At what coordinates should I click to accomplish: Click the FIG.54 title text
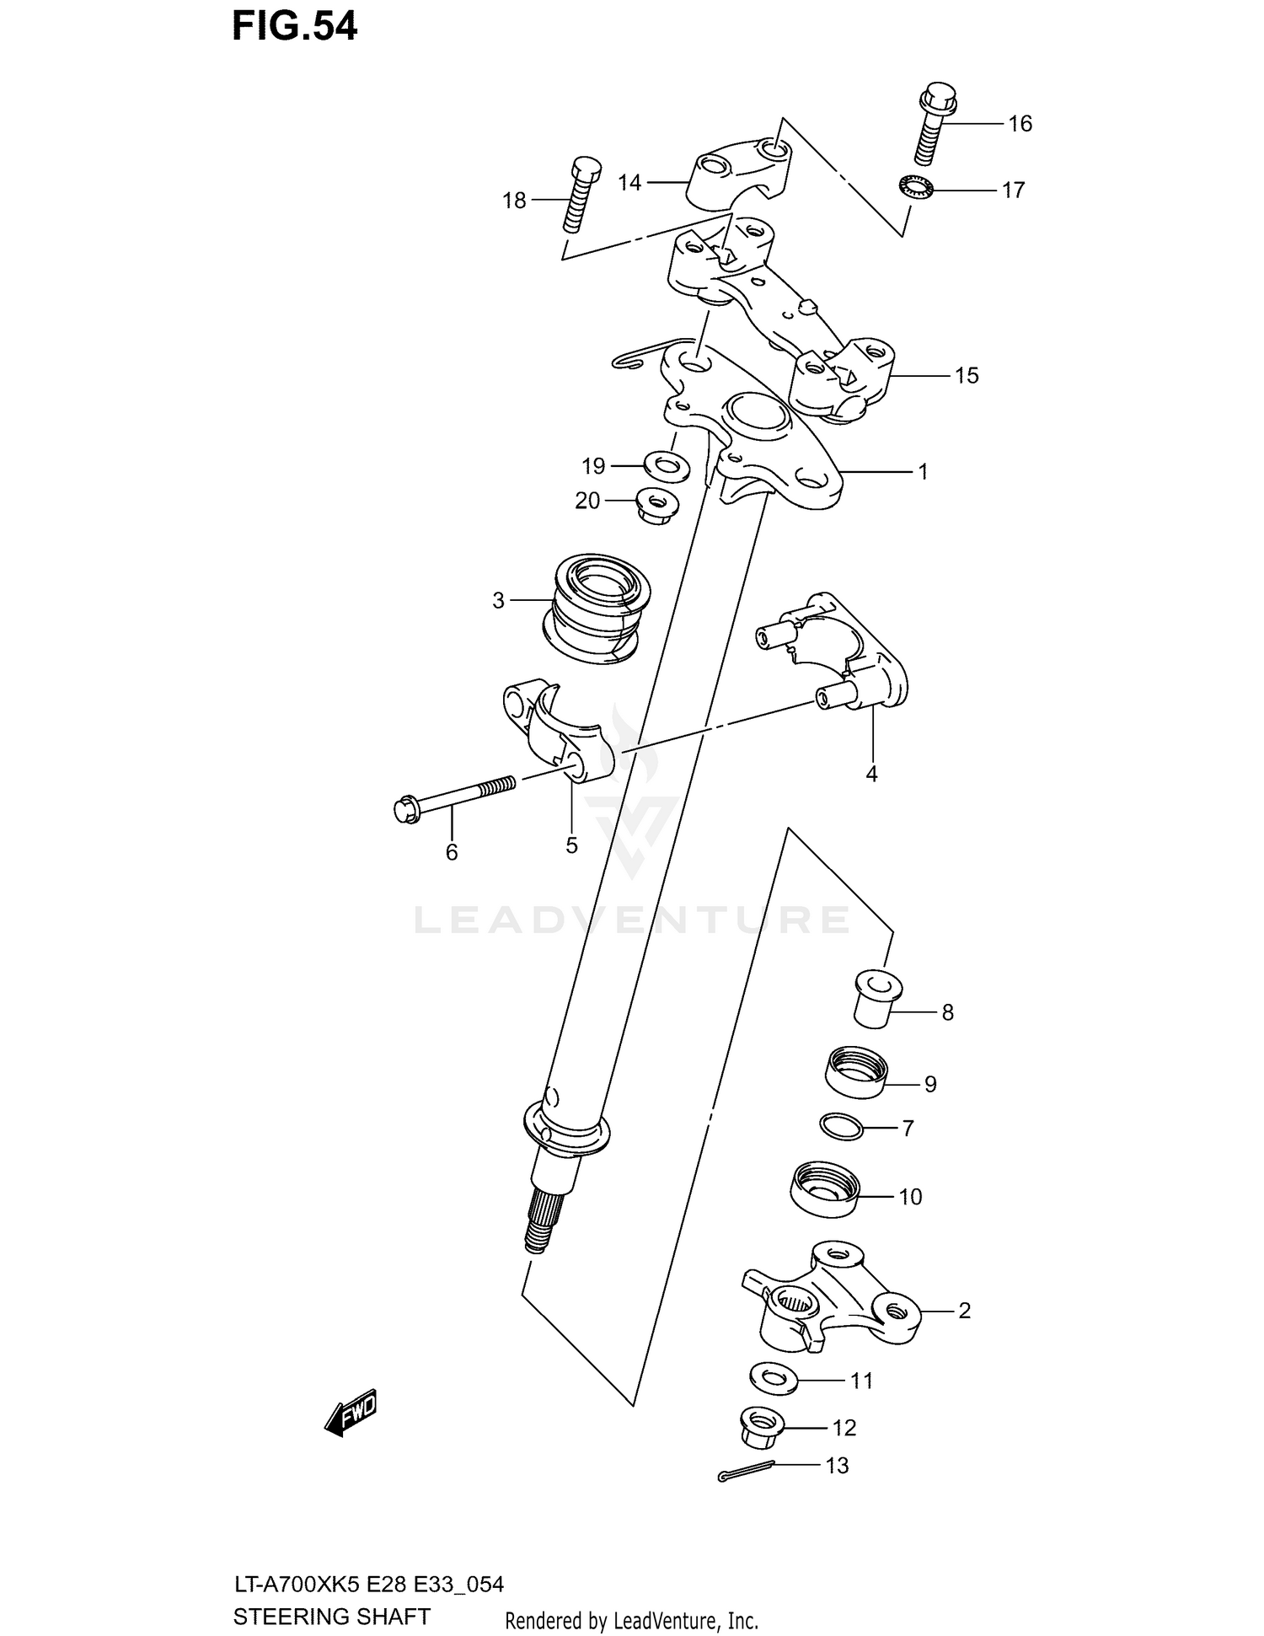click(x=295, y=27)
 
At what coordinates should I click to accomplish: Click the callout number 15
click(x=967, y=376)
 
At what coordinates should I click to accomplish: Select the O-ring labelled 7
click(x=841, y=1127)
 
